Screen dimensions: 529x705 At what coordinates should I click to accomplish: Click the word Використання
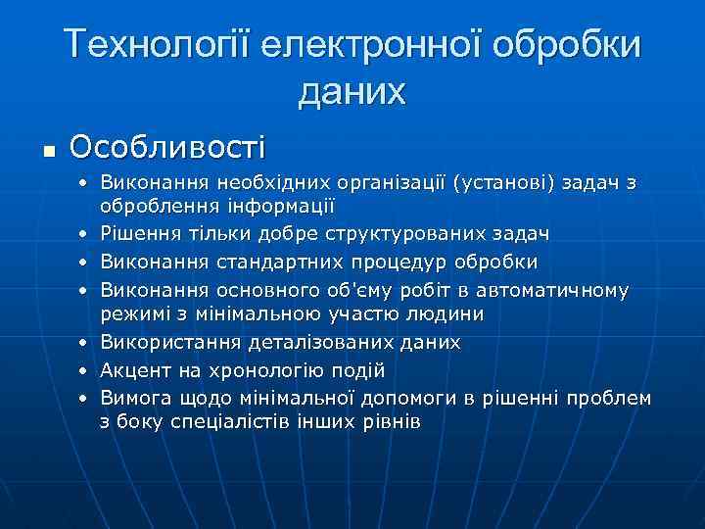164,343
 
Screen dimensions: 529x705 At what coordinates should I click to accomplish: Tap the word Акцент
133,370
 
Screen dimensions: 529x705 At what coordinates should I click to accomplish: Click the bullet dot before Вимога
86,399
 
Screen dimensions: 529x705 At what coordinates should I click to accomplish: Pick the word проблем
606,398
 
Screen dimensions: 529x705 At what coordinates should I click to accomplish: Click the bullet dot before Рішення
86,235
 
